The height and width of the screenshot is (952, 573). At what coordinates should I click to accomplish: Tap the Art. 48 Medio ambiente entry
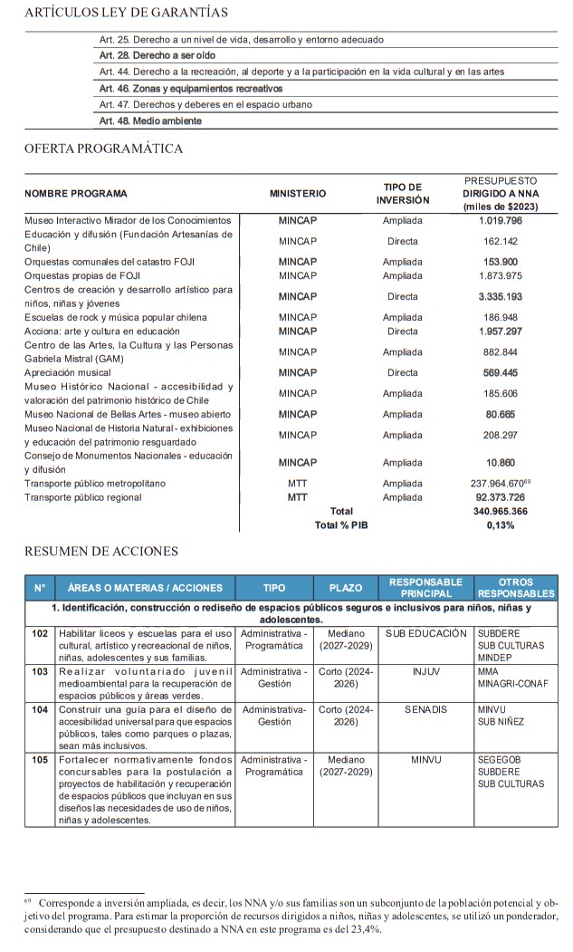[150, 120]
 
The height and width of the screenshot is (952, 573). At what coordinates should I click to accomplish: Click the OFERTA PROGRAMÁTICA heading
[103, 149]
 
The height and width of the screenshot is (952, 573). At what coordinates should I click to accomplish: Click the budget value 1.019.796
[501, 220]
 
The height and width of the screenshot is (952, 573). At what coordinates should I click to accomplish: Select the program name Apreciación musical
[68, 372]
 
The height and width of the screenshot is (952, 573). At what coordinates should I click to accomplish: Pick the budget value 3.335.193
[501, 296]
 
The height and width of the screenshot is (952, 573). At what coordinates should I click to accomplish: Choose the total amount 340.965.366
[501, 511]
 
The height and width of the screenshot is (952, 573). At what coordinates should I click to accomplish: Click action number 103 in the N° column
[40, 672]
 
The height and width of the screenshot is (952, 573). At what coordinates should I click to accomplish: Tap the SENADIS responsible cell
[425, 709]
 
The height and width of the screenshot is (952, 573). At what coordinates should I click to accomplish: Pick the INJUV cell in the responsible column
[425, 672]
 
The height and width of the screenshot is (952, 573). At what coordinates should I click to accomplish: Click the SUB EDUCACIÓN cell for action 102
[425, 633]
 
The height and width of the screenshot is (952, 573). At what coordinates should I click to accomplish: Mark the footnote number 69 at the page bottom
[28, 900]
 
